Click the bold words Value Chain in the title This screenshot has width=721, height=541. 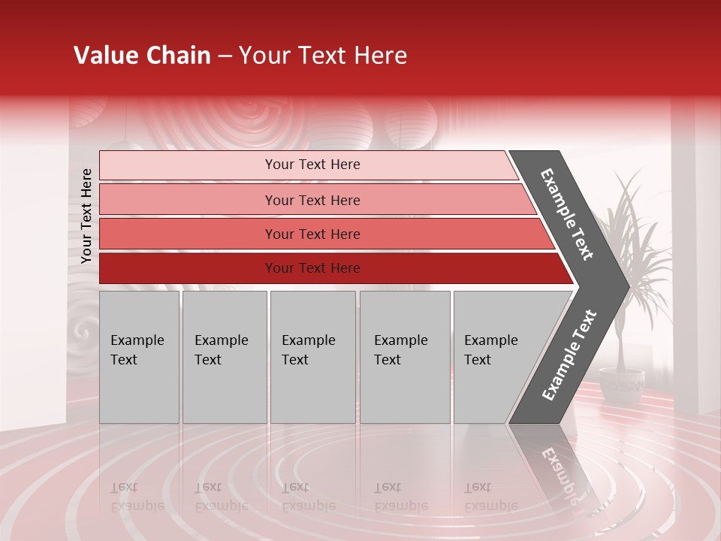142,56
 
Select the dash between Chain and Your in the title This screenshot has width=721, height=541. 225,56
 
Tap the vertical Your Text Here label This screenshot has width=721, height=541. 86,216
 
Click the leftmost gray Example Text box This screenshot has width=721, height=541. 139,357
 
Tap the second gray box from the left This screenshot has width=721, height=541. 224,357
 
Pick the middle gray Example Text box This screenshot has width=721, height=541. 312,357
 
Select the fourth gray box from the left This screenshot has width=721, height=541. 405,357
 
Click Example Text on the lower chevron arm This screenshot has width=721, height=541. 569,355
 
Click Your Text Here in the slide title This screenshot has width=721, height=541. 323,56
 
